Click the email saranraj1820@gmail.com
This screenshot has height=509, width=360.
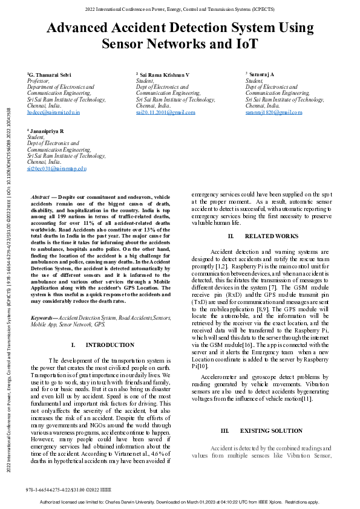[273, 112]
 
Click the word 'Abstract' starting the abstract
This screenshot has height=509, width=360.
[40, 198]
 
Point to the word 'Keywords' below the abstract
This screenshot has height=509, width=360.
[44, 317]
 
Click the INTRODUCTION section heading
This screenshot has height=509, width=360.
[110, 345]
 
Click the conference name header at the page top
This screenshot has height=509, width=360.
[180, 10]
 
